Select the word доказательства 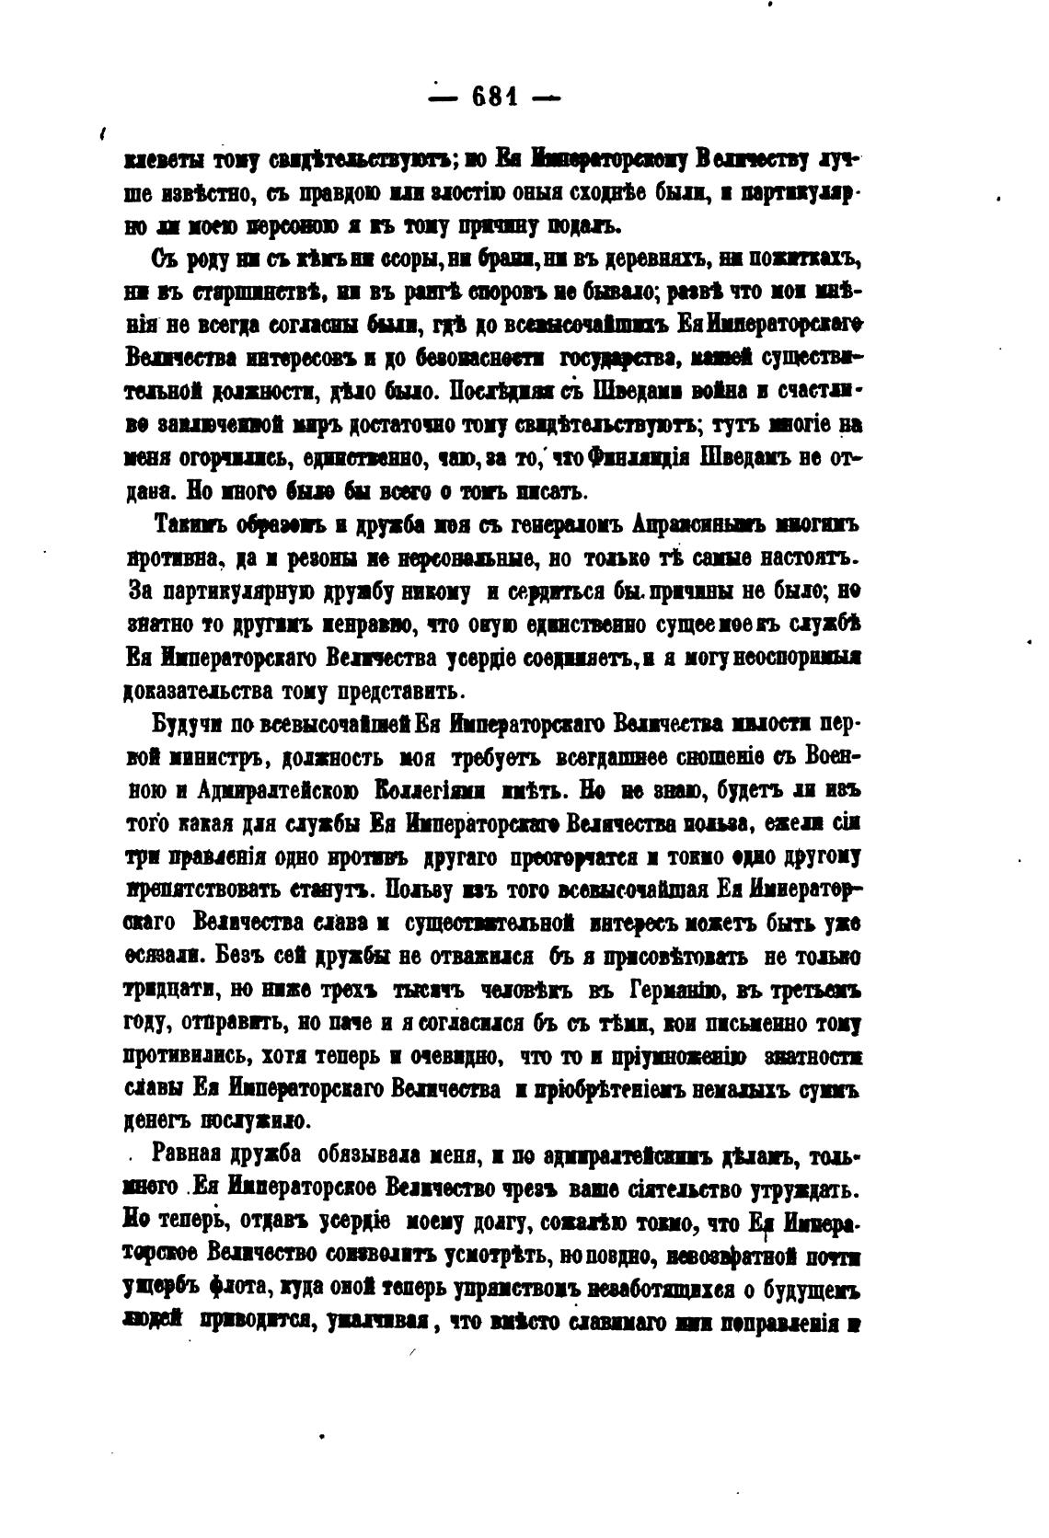click(x=211, y=690)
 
